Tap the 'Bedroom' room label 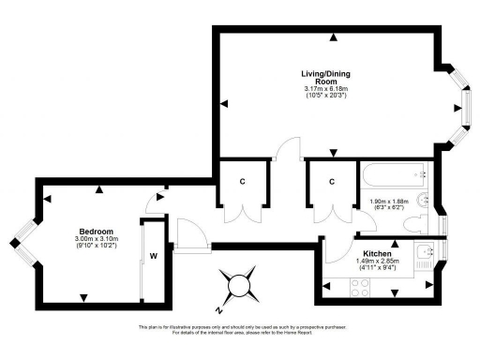coord(97,232)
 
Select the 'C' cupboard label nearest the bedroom coord(242,181)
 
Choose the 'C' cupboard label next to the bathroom coord(331,181)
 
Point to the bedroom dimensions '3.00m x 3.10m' coord(97,240)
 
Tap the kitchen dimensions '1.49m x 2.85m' coord(377,262)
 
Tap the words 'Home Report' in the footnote coord(321,334)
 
